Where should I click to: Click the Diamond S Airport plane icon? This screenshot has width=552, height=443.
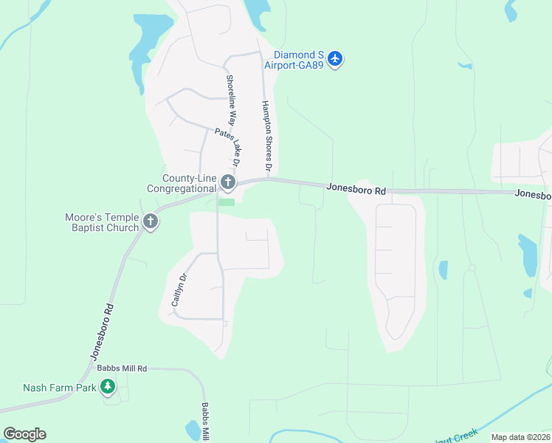tap(335, 58)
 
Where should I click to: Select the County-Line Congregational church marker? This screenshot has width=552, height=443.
tap(228, 182)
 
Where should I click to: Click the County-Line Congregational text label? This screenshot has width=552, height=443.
tap(182, 183)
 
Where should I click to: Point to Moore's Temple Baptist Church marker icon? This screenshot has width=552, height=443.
tap(151, 221)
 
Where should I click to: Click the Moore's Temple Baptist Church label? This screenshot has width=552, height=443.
tap(102, 222)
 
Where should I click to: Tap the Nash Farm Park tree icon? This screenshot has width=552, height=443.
tap(108, 386)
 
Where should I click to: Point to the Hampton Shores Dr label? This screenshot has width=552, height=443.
tap(266, 137)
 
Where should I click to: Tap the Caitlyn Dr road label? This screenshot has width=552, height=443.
tap(176, 289)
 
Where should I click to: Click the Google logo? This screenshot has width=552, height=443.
tap(24, 433)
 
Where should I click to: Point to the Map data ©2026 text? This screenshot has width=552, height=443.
tap(520, 437)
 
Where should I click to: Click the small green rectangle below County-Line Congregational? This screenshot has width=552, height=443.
tap(227, 202)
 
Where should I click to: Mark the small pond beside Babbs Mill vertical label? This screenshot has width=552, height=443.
tap(192, 429)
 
